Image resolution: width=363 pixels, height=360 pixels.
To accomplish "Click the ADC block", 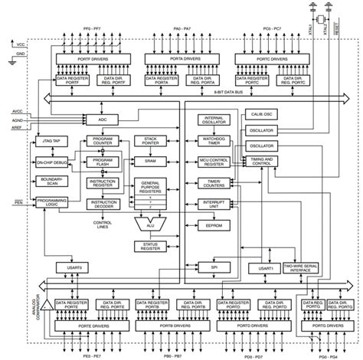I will point(102,120).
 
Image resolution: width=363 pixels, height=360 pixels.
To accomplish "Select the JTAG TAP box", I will point(51,142).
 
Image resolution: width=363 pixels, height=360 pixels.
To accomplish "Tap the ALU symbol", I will point(149,224).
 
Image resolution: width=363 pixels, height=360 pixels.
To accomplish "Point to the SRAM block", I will point(150,162).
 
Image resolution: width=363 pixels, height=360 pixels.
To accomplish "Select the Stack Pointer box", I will point(150,141).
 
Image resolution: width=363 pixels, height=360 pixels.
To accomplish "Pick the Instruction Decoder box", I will point(102,205).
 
